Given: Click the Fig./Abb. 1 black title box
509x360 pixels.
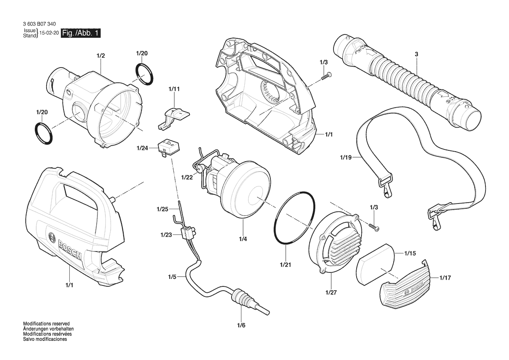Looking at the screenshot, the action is coord(81,33).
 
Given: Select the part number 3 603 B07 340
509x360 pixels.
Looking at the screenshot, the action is coord(39,24).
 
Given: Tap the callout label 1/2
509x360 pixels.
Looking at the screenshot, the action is coord(101,55).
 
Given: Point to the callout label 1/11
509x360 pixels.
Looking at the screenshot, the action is coord(174,89).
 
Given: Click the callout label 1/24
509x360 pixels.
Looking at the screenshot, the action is coord(142,148).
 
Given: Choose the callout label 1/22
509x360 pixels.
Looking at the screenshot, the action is coord(187,177).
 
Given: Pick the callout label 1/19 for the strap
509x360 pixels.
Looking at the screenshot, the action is coord(346,158).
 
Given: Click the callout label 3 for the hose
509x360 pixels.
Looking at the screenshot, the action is coord(417,54).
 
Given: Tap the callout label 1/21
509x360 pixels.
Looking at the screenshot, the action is coord(286,265).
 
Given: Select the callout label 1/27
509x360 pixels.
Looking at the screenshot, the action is coord(331,292).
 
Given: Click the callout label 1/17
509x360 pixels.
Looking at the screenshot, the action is coord(445,278).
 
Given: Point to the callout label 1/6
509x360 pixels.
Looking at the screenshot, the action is coord(241,325).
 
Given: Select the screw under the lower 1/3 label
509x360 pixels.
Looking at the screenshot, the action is coord(374,226).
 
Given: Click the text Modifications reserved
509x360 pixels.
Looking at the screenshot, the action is coord(47,324).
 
